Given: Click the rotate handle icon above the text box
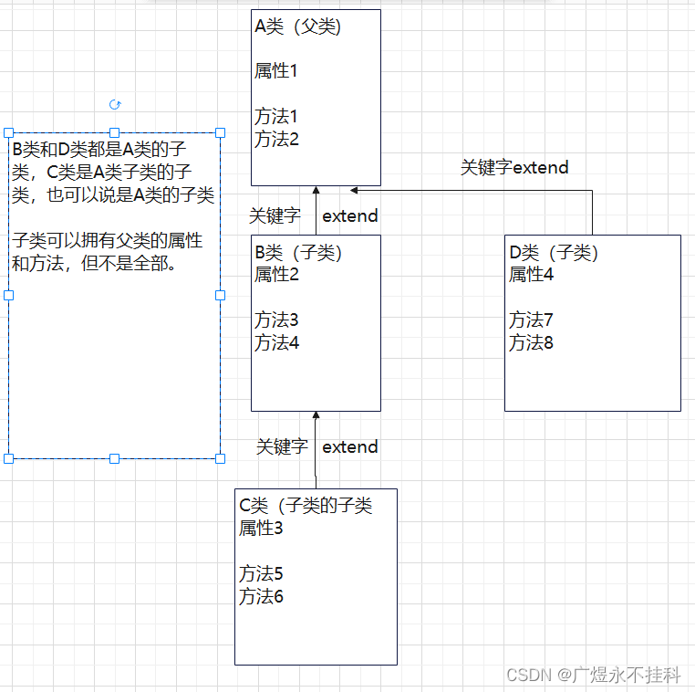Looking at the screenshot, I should click(x=115, y=105).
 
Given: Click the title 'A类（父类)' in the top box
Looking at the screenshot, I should click(x=298, y=27).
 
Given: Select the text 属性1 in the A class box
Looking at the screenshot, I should click(x=276, y=71).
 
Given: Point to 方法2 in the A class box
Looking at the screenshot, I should click(x=276, y=140).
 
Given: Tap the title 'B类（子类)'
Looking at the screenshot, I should click(x=298, y=253).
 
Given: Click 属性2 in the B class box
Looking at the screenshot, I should click(x=276, y=274).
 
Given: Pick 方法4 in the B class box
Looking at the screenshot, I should click(x=276, y=343).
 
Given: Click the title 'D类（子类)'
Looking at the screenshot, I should click(x=554, y=253).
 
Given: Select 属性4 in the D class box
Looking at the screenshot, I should click(x=532, y=274).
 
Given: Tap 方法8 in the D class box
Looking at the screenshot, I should click(x=532, y=343).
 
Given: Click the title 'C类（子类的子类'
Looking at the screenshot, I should click(x=306, y=506).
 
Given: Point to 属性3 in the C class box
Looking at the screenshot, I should click(x=262, y=528).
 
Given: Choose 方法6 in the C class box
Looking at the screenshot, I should click(x=262, y=597).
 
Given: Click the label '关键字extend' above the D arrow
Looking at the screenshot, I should click(x=514, y=168).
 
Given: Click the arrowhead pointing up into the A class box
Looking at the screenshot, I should click(x=316, y=191).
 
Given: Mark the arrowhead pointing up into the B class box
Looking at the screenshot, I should click(x=316, y=416).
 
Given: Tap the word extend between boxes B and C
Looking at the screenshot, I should click(x=350, y=447).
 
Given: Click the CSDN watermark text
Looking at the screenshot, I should click(x=594, y=676).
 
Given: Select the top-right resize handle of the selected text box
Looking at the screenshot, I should click(x=220, y=133).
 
